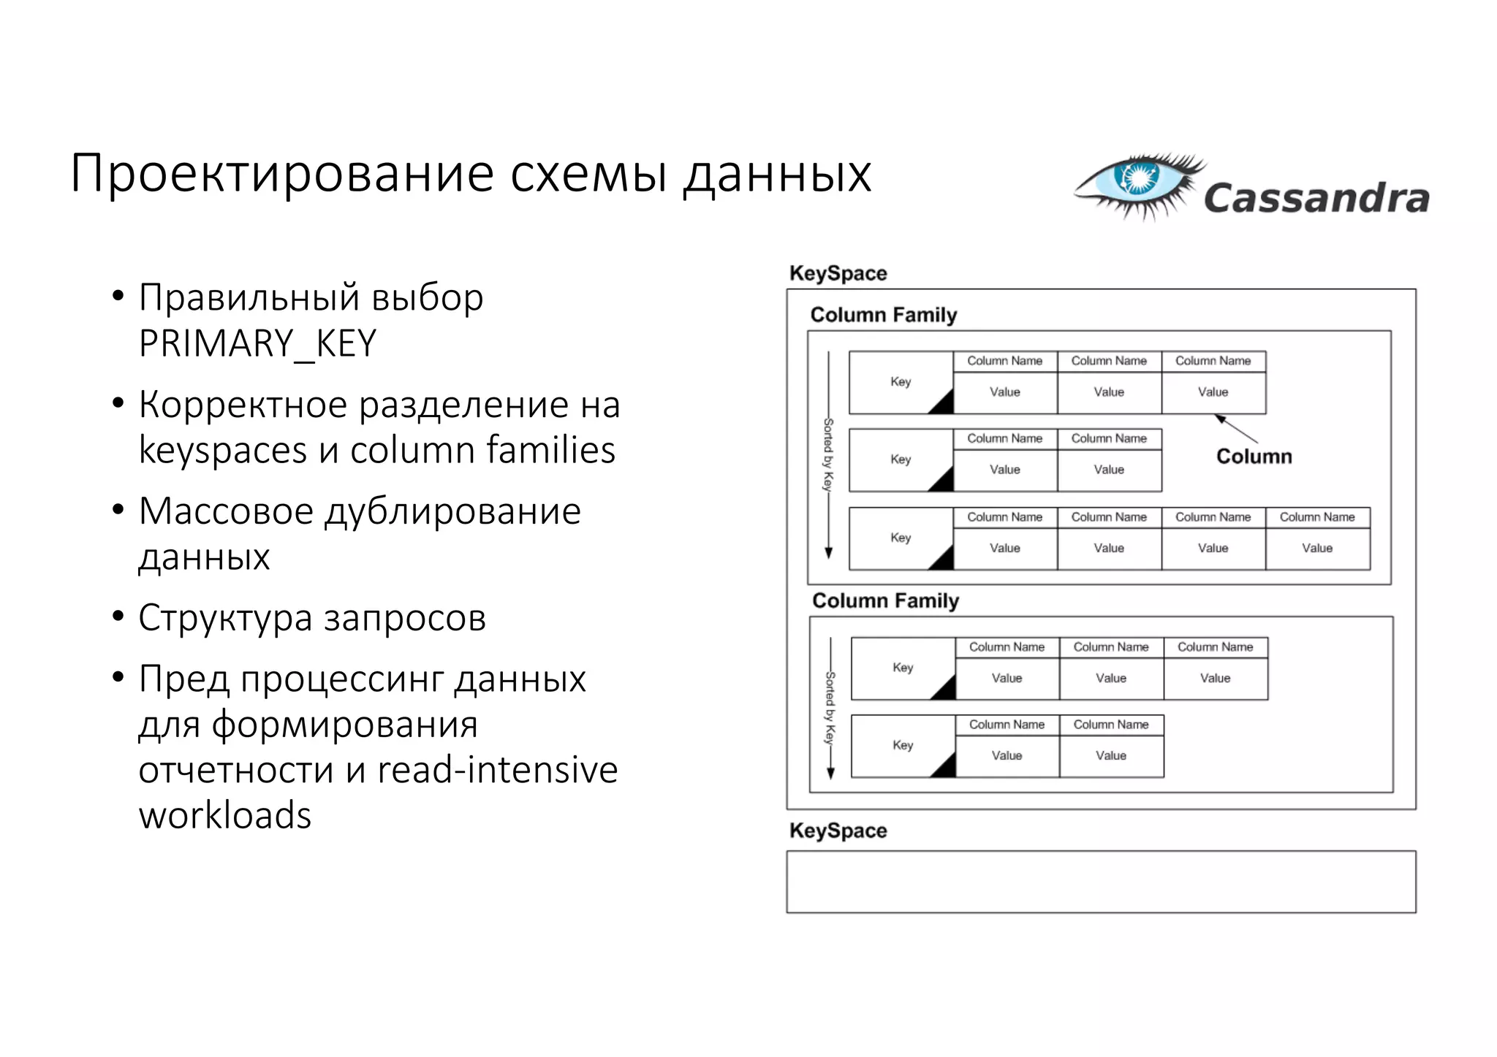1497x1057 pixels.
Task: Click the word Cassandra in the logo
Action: click(1316, 199)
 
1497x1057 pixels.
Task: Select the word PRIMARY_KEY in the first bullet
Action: click(257, 343)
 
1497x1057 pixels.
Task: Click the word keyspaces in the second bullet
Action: click(223, 450)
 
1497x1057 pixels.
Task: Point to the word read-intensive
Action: click(498, 770)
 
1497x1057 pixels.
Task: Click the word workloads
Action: click(225, 815)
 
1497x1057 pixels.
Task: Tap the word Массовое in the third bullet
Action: click(226, 511)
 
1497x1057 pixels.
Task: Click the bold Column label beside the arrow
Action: click(1254, 457)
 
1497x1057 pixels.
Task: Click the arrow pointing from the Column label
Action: click(1236, 429)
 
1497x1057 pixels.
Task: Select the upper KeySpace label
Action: click(838, 273)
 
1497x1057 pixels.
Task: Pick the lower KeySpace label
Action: click(838, 831)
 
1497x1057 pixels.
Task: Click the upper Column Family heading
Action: click(883, 315)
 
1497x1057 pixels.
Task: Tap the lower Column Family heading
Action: click(885, 600)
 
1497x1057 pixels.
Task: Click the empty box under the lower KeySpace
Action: click(1101, 882)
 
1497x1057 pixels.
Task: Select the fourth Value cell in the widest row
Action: click(1316, 548)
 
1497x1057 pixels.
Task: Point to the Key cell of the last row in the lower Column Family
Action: click(903, 745)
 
